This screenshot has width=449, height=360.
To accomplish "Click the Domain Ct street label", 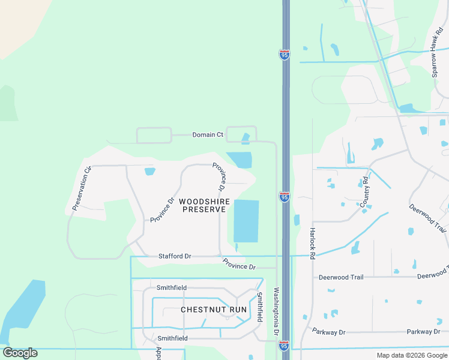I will click(x=208, y=135).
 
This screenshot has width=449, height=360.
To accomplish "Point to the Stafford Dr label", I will click(x=175, y=256).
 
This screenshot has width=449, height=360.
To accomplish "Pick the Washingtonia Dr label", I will click(x=277, y=312).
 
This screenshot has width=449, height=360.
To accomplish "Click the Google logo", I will click(x=20, y=353).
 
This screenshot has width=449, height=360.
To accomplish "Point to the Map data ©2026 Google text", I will click(x=412, y=355).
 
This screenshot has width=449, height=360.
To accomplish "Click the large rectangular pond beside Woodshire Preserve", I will click(x=246, y=221).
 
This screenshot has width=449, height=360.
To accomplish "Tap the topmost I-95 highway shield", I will click(x=285, y=55).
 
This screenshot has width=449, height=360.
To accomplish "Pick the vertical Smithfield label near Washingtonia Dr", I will click(x=260, y=307).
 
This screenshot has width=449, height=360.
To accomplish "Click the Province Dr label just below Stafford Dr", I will click(x=239, y=263).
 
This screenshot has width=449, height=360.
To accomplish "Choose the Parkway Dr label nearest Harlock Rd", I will click(x=329, y=332).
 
